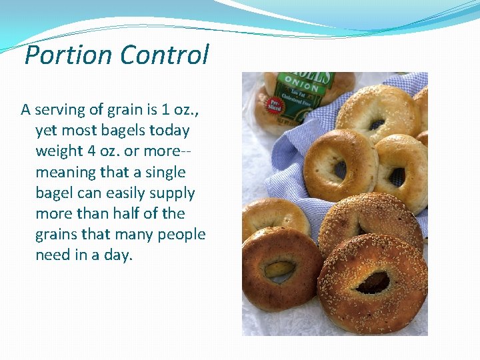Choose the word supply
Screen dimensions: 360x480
pos(171,193)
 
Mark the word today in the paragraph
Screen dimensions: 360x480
pos(169,130)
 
